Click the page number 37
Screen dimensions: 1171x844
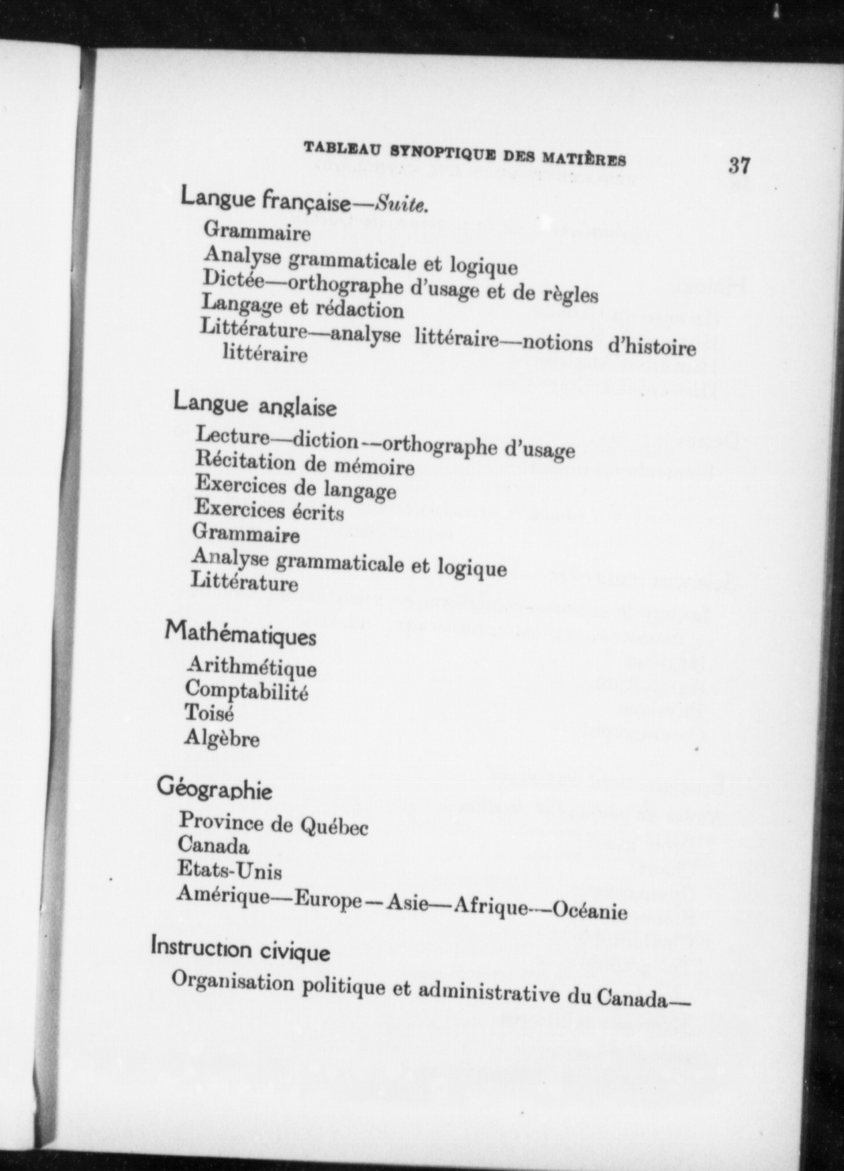point(739,166)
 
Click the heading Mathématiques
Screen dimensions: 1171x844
point(240,634)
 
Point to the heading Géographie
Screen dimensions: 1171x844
point(214,790)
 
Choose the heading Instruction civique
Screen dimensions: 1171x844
point(240,949)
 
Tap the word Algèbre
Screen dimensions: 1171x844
point(222,738)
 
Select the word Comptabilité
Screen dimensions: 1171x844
point(246,690)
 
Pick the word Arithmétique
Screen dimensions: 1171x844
point(251,667)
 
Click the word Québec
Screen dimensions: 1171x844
point(334,828)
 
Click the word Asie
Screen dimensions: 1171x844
point(407,903)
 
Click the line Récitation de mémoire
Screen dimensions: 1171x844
point(304,464)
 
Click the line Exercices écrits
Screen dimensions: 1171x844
point(269,511)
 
